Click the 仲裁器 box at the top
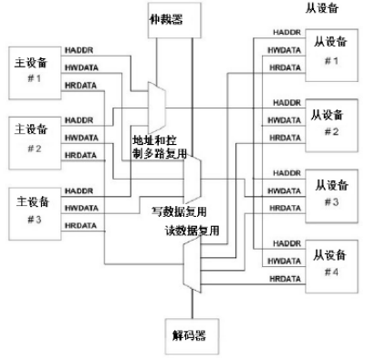coord(172,17)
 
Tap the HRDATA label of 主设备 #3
coord(81,225)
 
